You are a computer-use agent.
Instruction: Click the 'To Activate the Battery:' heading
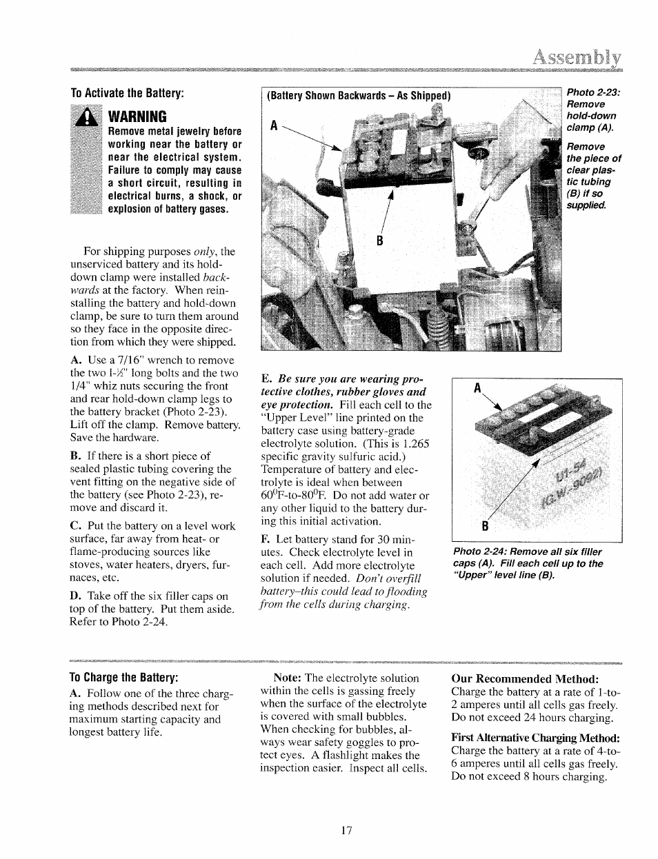[128, 93]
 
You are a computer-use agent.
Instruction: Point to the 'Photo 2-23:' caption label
[593, 92]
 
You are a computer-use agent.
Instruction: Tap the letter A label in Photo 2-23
[273, 126]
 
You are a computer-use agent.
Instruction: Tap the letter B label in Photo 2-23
[378, 241]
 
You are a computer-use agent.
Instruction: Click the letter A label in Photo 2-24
[477, 389]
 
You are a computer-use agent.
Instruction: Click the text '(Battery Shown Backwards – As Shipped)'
[358, 96]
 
